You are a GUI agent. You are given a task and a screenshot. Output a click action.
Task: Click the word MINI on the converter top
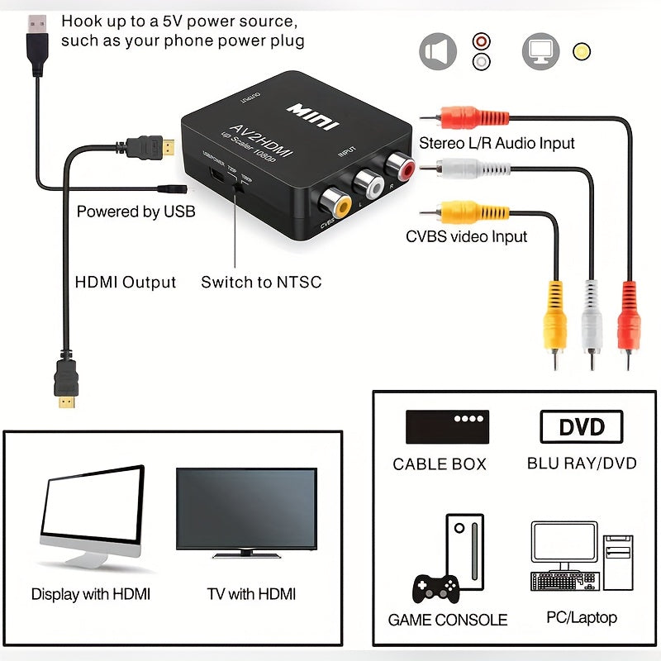pos(313,116)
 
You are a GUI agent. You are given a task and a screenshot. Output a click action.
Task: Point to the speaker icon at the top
pos(438,51)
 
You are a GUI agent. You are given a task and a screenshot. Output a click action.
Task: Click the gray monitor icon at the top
pos(540,51)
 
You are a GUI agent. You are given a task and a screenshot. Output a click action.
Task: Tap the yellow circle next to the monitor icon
pos(582,51)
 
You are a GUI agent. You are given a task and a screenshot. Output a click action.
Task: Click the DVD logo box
pos(581,427)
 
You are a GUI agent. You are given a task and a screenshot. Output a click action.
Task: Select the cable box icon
pos(447,426)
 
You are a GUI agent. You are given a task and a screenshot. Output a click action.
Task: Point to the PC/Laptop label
pos(581,617)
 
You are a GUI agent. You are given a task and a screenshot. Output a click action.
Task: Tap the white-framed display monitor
pos(92,516)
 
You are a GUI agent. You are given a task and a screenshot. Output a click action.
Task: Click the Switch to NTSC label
pos(261,283)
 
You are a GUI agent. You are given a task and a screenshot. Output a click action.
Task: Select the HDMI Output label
pos(126,283)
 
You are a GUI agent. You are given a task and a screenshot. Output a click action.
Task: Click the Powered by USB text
pos(136,212)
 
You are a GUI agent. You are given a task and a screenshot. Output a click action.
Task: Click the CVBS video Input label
pos(466,237)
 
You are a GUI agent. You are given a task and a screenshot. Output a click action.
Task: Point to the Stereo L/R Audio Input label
pos(497,143)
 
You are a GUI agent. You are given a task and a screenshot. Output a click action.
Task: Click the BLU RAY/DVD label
pos(582,464)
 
